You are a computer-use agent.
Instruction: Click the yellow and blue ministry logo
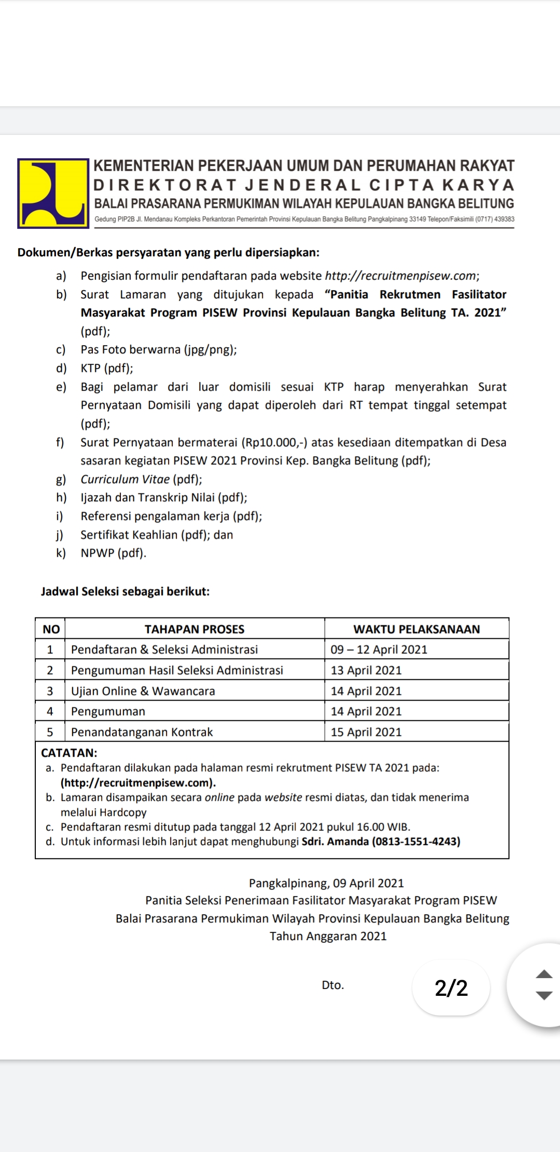[53, 193]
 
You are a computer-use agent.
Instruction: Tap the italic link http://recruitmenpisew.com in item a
[400, 276]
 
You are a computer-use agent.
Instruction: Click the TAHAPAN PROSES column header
[194, 629]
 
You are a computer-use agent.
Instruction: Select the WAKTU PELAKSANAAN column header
[416, 629]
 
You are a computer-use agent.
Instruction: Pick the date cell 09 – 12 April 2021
[379, 650]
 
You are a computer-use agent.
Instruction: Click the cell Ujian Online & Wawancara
[143, 691]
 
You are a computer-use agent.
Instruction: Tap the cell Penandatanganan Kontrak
[142, 732]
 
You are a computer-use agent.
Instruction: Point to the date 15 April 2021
[366, 732]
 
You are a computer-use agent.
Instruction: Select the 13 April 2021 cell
[366, 670]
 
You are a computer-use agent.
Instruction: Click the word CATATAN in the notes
[69, 752]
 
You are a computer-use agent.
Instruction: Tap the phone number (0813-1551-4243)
[416, 841]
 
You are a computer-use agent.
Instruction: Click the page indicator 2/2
[451, 988]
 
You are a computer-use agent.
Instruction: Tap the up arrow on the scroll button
[543, 974]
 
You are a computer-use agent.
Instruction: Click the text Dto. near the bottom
[333, 985]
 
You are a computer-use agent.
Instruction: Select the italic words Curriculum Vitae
[125, 479]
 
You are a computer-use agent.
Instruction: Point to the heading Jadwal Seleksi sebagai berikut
[125, 592]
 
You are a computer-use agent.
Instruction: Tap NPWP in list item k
[97, 553]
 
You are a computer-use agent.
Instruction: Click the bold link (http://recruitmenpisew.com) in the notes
[138, 783]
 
